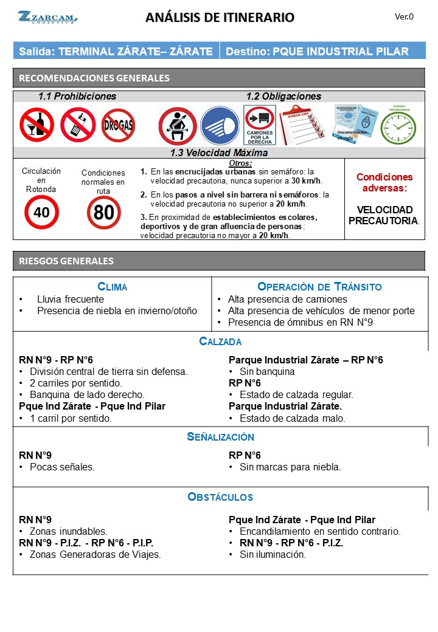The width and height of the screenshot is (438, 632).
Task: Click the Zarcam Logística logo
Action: [47, 17]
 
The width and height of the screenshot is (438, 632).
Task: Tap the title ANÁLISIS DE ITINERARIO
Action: [220, 18]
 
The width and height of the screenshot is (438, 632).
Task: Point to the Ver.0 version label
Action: [404, 16]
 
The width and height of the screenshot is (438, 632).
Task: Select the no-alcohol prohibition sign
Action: [36, 125]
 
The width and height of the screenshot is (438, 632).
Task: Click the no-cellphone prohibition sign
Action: [77, 125]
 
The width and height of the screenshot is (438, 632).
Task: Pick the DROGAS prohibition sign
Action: [118, 125]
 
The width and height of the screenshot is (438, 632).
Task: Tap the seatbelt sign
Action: [177, 126]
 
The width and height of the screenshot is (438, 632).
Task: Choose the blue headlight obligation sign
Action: [220, 126]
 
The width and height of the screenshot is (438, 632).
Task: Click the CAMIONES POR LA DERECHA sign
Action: [260, 125]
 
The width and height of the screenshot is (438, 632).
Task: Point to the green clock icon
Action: [398, 127]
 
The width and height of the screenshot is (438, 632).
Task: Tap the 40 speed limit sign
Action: [41, 213]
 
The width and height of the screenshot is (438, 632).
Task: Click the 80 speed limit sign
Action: [103, 213]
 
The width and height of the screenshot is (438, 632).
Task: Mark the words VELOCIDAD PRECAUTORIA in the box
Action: [384, 215]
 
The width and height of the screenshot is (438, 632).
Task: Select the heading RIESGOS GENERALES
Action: [66, 261]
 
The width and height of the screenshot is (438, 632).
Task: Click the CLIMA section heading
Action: [113, 287]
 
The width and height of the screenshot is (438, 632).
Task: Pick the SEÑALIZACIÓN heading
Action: [220, 437]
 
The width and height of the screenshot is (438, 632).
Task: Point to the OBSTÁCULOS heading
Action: [220, 497]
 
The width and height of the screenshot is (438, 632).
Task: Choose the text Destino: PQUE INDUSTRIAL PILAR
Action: [317, 51]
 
